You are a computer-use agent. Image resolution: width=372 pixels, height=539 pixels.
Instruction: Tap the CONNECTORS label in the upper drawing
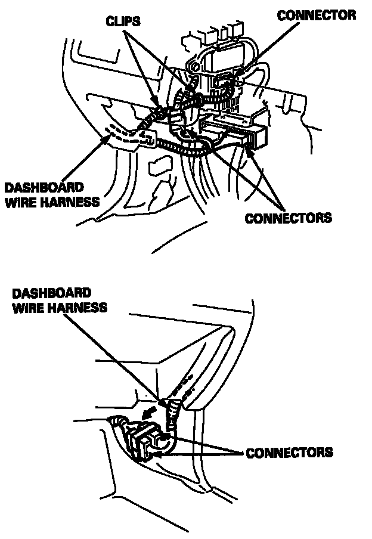tap(288, 217)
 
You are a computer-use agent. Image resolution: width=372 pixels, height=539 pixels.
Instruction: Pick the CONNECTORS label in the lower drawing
tap(289, 453)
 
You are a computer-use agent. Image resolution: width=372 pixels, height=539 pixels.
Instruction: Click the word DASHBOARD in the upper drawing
tap(44, 187)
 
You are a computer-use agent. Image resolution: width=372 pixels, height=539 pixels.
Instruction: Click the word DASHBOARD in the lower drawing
tap(51, 293)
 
